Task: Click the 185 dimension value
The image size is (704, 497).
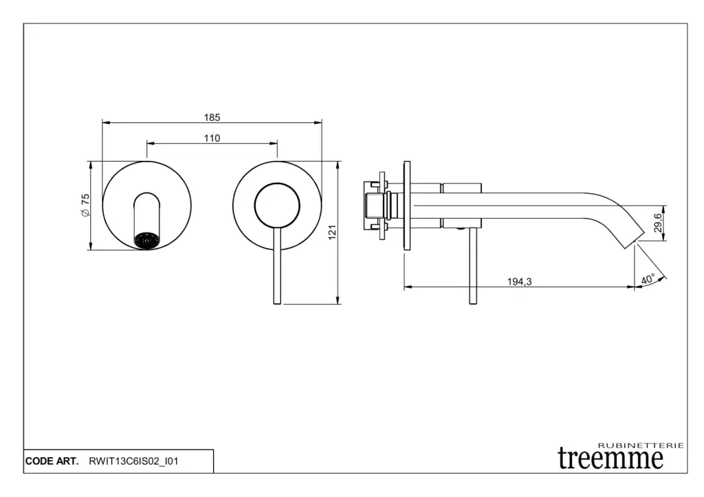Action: point(212,118)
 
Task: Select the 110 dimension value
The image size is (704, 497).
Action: point(212,139)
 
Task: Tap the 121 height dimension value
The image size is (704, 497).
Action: point(332,232)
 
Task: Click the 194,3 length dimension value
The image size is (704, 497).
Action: point(519,281)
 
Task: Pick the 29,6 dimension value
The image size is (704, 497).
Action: point(658,223)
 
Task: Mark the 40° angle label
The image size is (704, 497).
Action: point(648,280)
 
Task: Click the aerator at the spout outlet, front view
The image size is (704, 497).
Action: point(147,240)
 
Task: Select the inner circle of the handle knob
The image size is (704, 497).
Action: point(277,205)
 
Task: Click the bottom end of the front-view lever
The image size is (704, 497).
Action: point(277,300)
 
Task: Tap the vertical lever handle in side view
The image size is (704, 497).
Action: point(472,265)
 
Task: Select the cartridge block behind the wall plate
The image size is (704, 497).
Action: point(377,204)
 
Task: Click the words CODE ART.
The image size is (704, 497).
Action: point(52,461)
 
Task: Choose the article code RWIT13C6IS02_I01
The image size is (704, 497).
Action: point(133,461)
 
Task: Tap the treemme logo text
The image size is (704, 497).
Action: point(610,458)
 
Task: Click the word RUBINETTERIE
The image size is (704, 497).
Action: point(641,445)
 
